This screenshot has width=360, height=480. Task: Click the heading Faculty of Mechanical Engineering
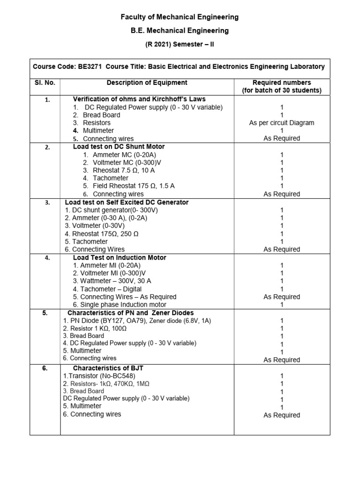coord(180,17)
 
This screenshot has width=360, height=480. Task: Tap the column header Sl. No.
coord(45,82)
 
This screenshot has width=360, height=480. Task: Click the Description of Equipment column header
coord(147,82)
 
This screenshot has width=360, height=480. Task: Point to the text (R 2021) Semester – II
coord(180,44)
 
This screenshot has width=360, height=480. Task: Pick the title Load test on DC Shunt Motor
coord(119,146)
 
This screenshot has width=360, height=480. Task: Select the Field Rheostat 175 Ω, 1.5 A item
coord(134,186)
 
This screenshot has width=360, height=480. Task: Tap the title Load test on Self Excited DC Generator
coord(127,202)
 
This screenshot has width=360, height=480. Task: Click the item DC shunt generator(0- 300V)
coord(112,210)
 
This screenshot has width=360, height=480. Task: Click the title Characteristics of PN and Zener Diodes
coord(131,313)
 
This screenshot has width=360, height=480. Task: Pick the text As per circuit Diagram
coord(282,123)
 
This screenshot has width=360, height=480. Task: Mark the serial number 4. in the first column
coord(47,257)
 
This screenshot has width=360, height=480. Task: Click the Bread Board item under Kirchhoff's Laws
coord(101,115)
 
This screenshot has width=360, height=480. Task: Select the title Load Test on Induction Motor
coord(120,257)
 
